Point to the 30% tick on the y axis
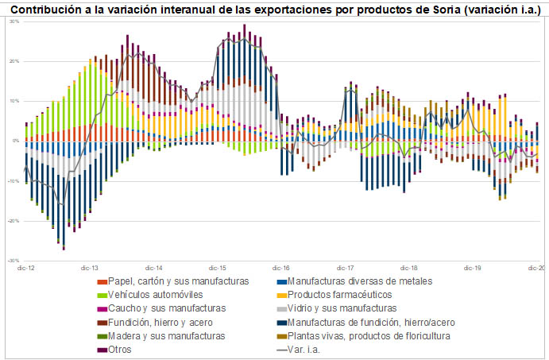click(14, 21)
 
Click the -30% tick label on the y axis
click(14, 261)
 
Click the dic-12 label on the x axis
click(26, 269)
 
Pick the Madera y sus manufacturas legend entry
click(168, 335)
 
